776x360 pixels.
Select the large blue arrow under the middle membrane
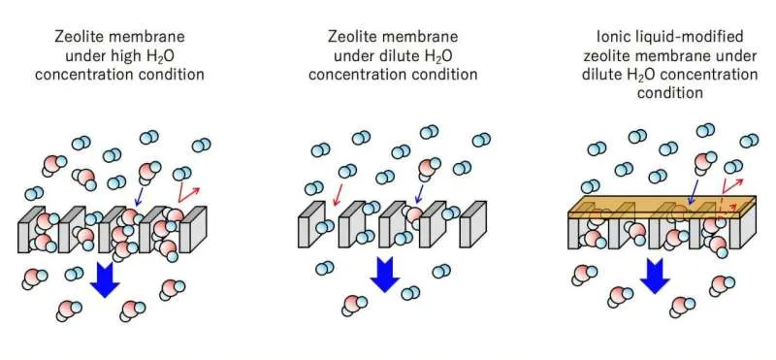click(386, 275)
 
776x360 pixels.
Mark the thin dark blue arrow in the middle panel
click(417, 197)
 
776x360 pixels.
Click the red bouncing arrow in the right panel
click(728, 192)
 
